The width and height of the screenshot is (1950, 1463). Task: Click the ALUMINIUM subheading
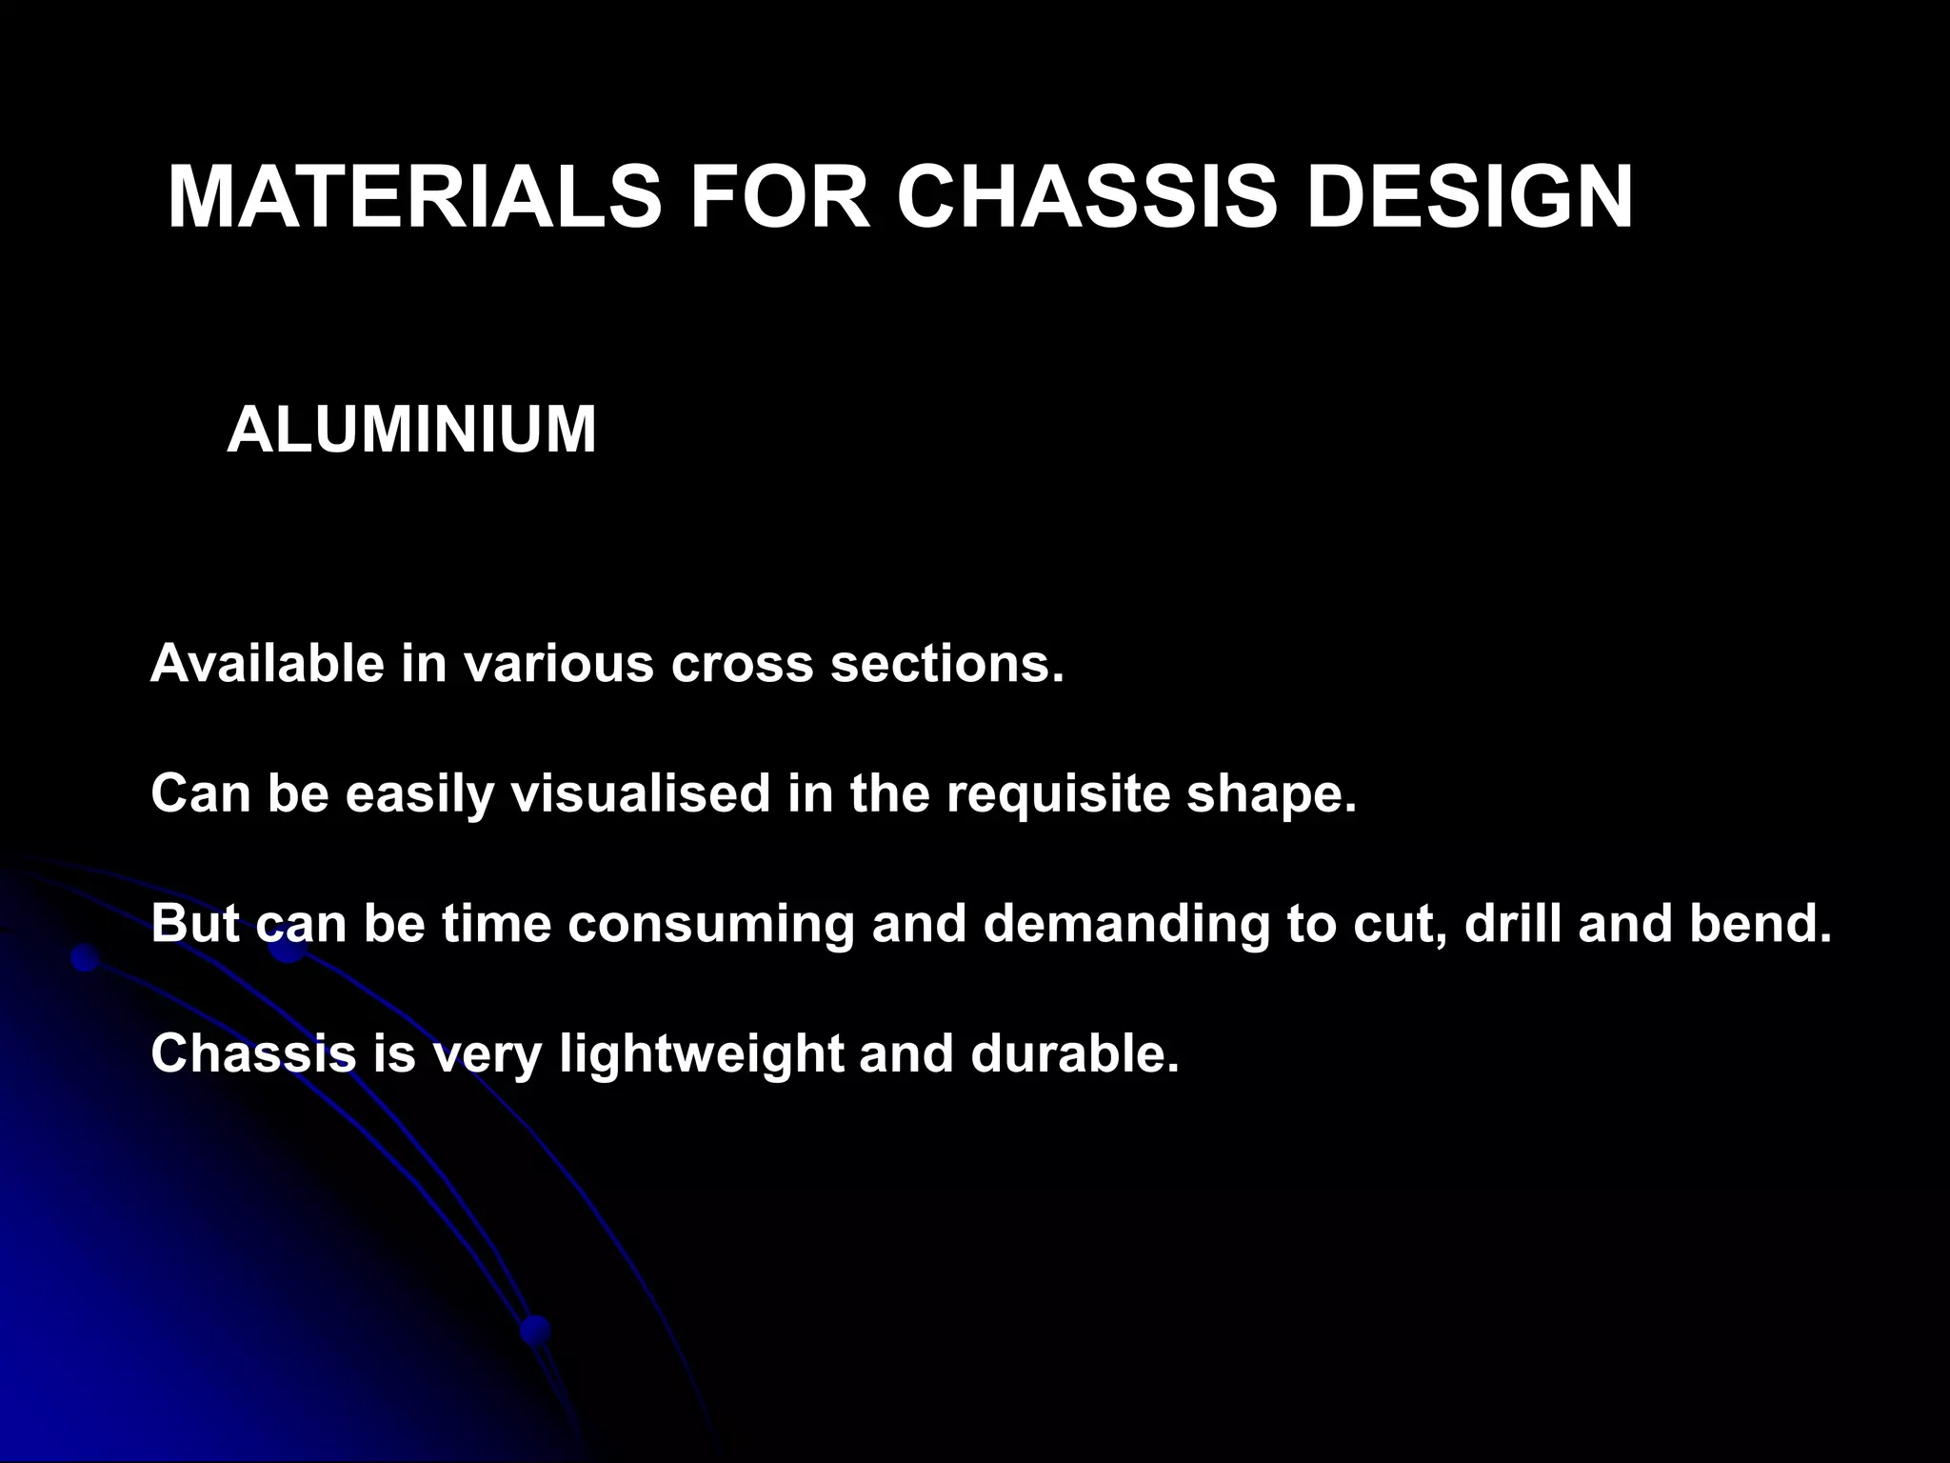(411, 430)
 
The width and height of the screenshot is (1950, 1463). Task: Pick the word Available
(268, 663)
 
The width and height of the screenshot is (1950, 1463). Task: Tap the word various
(559, 663)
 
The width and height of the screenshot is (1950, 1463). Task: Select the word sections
(946, 663)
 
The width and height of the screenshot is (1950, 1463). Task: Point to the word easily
(420, 793)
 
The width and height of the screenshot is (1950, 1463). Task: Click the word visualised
(641, 793)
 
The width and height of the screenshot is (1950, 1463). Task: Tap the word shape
(1270, 793)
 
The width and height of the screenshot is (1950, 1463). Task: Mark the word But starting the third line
(195, 923)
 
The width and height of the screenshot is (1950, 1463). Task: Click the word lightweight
(701, 1054)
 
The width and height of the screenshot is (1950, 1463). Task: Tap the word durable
(1074, 1053)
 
